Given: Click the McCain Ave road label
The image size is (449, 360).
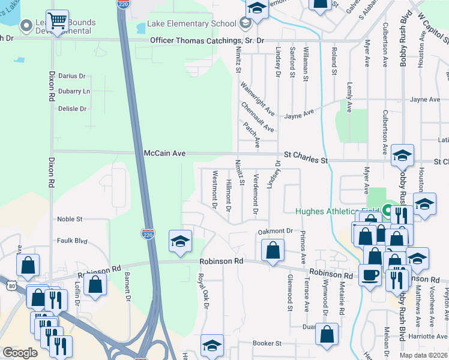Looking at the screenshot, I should tap(164, 154).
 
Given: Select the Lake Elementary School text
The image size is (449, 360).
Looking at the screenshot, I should tap(191, 24).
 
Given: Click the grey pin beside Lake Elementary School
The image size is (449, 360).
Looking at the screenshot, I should tap(245, 23).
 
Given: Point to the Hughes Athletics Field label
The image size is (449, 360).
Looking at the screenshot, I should tap(337, 211).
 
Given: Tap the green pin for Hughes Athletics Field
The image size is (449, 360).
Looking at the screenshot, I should tap(387, 211).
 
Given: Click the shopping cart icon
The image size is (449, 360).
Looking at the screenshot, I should tap(57, 22).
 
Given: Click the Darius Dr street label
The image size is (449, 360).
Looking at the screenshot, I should tap(73, 76).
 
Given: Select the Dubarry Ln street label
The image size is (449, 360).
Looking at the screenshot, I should tap(74, 91).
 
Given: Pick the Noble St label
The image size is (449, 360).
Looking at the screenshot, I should tap(70, 220).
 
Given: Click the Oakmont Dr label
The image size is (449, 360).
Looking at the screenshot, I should tap(275, 231).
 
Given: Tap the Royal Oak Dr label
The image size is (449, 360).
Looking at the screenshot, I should tap(205, 291).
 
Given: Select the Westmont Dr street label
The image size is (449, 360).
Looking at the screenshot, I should tap(214, 189).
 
